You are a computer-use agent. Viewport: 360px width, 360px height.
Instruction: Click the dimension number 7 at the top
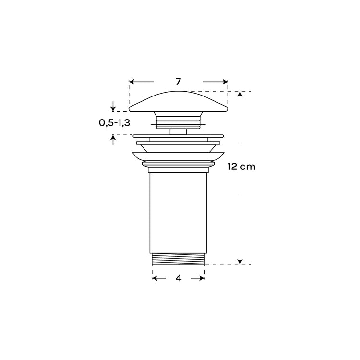pyautogui.click(x=179, y=82)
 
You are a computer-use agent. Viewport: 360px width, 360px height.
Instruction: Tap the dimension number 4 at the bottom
pyautogui.click(x=179, y=278)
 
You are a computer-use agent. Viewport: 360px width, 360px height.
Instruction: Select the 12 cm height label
pyautogui.click(x=241, y=167)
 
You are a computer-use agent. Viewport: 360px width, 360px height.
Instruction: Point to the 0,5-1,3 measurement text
pyautogui.click(x=114, y=123)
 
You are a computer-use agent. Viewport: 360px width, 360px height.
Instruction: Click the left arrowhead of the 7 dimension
pyautogui.click(x=132, y=82)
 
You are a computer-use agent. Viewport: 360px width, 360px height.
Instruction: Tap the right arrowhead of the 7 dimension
pyautogui.click(x=225, y=82)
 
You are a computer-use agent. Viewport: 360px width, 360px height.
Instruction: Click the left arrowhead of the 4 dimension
pyautogui.click(x=155, y=278)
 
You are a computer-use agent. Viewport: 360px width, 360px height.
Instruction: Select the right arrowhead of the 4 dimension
pyautogui.click(x=202, y=278)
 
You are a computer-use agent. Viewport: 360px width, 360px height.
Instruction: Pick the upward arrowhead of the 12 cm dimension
pyautogui.click(x=240, y=94)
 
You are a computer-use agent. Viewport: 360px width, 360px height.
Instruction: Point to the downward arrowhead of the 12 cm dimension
pyautogui.click(x=240, y=262)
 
